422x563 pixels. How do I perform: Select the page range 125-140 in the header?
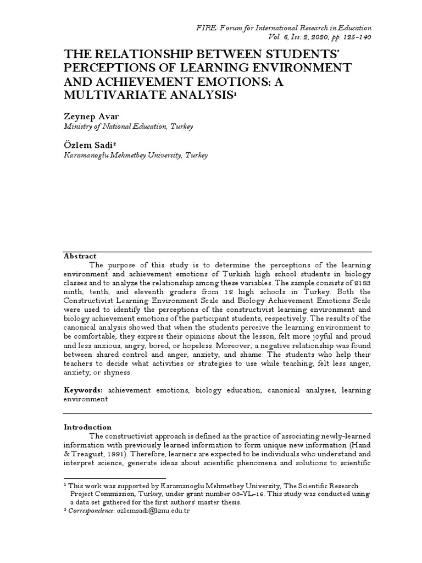355,37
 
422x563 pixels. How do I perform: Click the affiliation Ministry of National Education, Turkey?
129,126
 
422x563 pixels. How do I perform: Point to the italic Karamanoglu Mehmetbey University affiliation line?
136,156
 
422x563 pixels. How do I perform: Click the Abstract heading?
80,256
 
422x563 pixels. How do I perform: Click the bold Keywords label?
84,390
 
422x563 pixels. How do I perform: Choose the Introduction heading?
88,427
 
